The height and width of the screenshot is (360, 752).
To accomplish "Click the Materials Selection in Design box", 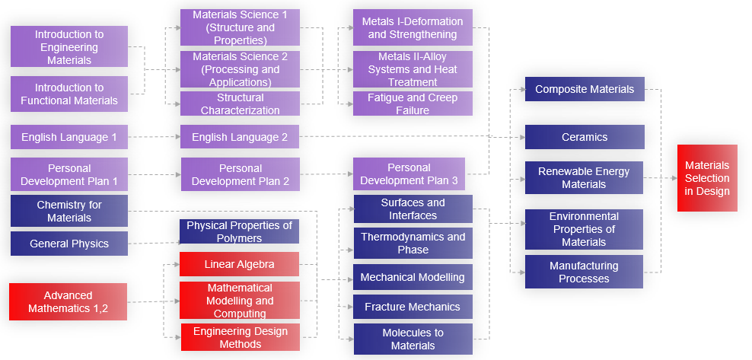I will pos(707,178).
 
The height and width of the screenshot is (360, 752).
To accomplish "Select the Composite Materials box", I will pos(585,89).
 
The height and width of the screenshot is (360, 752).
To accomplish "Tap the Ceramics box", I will pos(585,137).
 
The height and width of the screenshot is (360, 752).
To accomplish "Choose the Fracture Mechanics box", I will pos(413,307).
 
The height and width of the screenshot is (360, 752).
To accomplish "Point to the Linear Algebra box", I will pos(239,264).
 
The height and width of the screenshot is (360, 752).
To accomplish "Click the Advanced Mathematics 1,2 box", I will pos(68,301).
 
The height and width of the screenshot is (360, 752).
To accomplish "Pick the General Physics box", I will pos(69,244).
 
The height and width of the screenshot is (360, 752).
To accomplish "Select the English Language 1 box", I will pos(69,137).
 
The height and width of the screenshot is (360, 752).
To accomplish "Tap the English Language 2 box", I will pos(240,137).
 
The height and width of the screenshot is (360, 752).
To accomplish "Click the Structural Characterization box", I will pos(240,104).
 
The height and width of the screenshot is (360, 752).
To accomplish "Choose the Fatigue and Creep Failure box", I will pos(413,104).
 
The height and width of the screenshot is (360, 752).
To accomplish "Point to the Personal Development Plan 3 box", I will pos(409,174).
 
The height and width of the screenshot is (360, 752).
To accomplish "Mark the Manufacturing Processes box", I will pos(584,272).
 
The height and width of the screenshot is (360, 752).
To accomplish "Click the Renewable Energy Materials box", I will pos(584,177).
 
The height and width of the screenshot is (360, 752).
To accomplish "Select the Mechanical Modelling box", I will pos(413,277).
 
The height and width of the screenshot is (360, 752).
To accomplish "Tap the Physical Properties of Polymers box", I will pos(239,231).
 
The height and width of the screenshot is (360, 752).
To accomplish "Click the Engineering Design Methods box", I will pos(239,337).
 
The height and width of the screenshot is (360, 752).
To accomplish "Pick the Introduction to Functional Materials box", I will pos(69,94).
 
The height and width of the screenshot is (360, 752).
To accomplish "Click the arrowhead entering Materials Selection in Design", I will pos(674,178).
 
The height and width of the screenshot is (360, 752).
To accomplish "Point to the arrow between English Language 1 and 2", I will pos(154,137).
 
